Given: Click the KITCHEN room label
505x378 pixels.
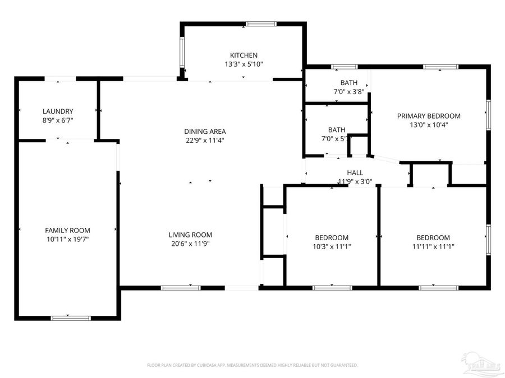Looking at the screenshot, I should point(244,55).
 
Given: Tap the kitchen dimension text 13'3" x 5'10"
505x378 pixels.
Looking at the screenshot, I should point(244,64).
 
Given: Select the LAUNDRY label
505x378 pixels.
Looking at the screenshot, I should point(58,111).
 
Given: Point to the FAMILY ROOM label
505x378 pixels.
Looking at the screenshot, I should point(67,230).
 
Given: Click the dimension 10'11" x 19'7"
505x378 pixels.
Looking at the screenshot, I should point(67,239).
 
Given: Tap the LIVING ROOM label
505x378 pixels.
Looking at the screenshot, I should point(191,235).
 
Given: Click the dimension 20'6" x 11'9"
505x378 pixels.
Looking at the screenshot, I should point(191,244).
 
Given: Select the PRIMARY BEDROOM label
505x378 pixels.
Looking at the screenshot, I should point(429,116).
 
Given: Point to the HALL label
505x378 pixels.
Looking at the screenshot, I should point(355,173).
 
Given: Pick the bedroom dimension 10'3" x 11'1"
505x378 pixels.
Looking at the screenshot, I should point(331,246).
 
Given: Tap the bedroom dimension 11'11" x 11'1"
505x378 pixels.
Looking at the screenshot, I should point(433,246).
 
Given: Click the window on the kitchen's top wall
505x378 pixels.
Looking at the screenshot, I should point(261,24).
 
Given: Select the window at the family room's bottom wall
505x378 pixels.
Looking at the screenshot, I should point(71,318).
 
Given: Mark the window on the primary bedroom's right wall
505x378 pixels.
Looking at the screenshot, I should point(488,115).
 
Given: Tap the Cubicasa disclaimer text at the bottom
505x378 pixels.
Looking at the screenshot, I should point(252,365).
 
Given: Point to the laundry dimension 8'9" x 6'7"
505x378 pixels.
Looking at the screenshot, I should point(58,120).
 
